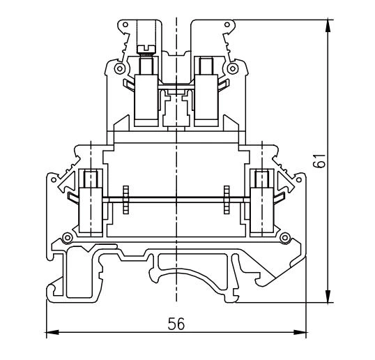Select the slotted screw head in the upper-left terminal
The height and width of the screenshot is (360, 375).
coord(146,47)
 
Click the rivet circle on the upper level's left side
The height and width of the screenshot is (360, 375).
coord(120,70)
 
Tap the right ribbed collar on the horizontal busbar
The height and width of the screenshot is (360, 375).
coord(228,202)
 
